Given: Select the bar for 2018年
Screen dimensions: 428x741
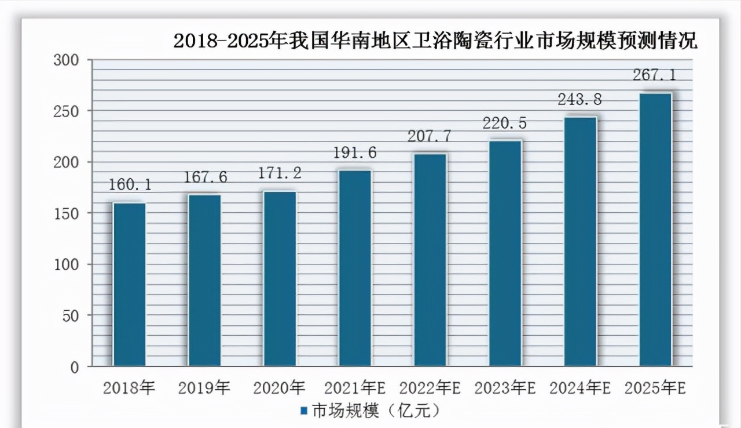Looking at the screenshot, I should pos(129,284).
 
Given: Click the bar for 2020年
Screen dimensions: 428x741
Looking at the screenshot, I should pos(280,278).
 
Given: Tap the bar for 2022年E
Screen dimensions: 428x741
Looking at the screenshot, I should pos(430,260).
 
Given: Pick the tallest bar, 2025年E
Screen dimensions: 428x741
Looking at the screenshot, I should pos(655,230).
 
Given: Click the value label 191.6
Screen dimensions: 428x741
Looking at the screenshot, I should pos(354,153).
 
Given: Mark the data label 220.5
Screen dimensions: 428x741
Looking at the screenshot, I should pos(505,124).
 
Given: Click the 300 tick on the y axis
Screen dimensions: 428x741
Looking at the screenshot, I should pos(68,60).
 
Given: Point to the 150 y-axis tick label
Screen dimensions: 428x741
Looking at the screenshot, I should pos(68,213).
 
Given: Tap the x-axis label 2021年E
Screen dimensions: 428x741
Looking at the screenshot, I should pos(354,388).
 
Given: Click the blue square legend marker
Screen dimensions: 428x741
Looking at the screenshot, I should pos(303,411).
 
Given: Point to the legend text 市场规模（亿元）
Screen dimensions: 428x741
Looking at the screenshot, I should pos(376,411).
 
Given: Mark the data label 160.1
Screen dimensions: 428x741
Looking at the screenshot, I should pos(129,185).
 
